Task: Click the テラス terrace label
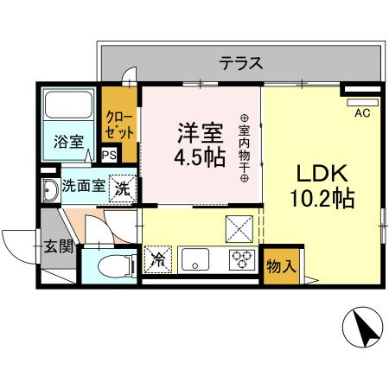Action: point(240,62)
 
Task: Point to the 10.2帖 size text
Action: point(321,198)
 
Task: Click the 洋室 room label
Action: point(200,134)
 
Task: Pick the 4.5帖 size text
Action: point(200,159)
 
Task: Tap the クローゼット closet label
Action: point(119,126)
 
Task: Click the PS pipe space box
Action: point(109,156)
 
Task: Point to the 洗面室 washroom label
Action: point(83,188)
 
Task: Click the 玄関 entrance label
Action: point(58,247)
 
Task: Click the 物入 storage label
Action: point(281,265)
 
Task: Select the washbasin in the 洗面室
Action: point(47,189)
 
